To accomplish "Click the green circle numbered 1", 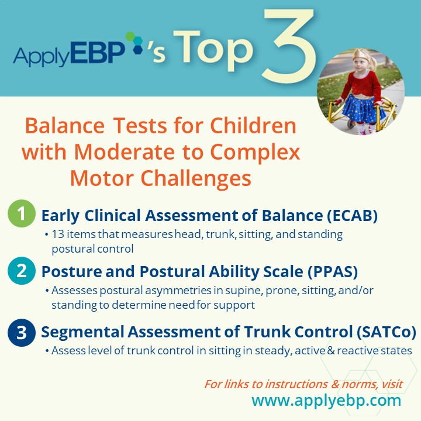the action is [x=22, y=213].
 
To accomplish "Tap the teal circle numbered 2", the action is [x=22, y=271].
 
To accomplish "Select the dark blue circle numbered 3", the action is [x=22, y=332].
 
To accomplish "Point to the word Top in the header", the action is [x=213, y=50].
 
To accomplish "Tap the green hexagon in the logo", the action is [x=130, y=36].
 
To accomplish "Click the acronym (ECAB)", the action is [x=352, y=216].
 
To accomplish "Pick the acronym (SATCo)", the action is [x=387, y=332].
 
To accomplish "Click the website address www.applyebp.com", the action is [x=326, y=401].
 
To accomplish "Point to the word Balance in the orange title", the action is [x=65, y=126].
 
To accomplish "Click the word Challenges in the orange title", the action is [x=196, y=178].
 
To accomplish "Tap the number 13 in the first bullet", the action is [x=58, y=234].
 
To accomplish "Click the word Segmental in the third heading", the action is [x=82, y=332].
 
